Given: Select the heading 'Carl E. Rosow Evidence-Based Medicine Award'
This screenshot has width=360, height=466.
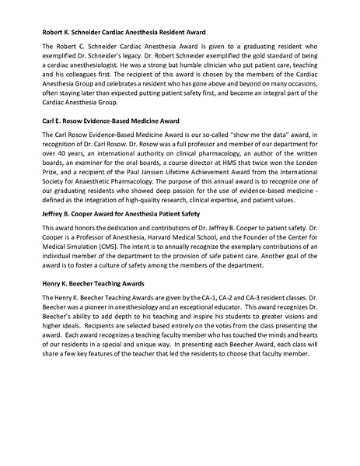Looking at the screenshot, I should pos(110,122).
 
